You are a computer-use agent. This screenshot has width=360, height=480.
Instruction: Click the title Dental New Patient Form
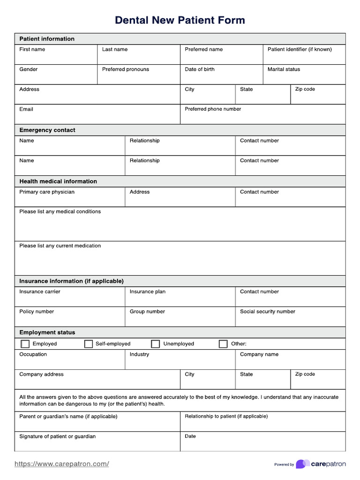(180, 20)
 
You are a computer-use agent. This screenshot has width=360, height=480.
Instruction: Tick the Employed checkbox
(25, 344)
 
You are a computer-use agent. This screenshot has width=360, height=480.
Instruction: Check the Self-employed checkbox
(89, 344)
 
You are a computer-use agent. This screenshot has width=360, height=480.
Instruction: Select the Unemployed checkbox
(156, 344)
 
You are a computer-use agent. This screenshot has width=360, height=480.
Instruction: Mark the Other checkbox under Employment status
(223, 344)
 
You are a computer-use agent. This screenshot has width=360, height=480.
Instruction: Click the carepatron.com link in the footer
(62, 464)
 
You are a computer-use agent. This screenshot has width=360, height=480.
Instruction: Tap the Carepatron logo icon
(302, 464)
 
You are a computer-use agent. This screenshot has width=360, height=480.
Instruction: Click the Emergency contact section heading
(47, 130)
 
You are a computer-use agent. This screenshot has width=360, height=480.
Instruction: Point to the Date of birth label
(200, 69)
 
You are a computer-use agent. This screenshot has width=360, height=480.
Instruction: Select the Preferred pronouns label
(126, 69)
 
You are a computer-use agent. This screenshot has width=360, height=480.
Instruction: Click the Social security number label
(268, 311)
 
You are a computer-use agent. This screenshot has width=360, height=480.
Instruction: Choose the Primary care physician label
(47, 192)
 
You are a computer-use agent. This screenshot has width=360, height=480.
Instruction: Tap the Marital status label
(284, 69)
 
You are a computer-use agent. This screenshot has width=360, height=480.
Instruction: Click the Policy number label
(37, 311)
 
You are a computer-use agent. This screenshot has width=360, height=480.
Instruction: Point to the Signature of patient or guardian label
(57, 436)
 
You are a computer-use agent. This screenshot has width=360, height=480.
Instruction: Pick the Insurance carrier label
(40, 292)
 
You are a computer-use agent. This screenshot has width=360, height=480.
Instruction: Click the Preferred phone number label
(213, 109)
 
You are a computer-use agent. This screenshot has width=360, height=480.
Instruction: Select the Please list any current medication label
(60, 246)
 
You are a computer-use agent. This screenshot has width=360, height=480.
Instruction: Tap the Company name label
(259, 354)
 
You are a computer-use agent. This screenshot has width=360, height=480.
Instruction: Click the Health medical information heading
(58, 181)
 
